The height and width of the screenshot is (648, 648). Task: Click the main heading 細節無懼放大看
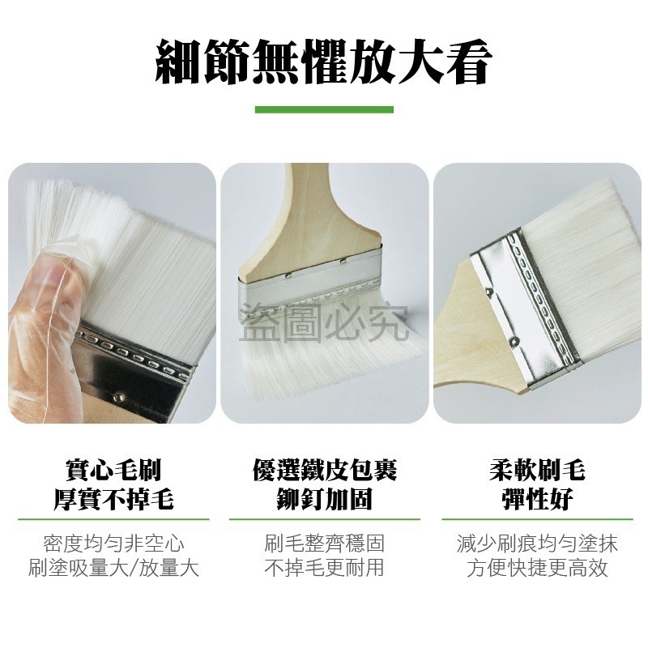click(x=324, y=62)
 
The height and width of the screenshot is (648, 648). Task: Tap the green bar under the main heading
click(x=324, y=109)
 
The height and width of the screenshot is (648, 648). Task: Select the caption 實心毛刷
click(x=113, y=470)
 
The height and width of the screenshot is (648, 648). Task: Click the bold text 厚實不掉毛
click(x=113, y=498)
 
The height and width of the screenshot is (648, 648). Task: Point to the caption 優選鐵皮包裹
click(x=324, y=470)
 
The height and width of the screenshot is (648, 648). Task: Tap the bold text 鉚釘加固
click(x=324, y=498)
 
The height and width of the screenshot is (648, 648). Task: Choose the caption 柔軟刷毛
click(x=537, y=470)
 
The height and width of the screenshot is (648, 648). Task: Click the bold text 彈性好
click(x=537, y=498)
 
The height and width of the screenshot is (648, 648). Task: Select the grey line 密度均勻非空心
click(x=113, y=542)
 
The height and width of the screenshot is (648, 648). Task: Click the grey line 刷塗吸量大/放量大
click(x=113, y=568)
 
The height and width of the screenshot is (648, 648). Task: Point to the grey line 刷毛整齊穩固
click(x=324, y=542)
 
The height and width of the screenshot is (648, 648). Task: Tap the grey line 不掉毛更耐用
click(x=324, y=568)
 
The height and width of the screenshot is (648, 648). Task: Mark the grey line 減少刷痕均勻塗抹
click(x=537, y=542)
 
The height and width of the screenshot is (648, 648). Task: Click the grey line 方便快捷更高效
click(x=537, y=568)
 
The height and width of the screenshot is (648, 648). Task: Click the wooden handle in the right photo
click(x=470, y=340)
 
